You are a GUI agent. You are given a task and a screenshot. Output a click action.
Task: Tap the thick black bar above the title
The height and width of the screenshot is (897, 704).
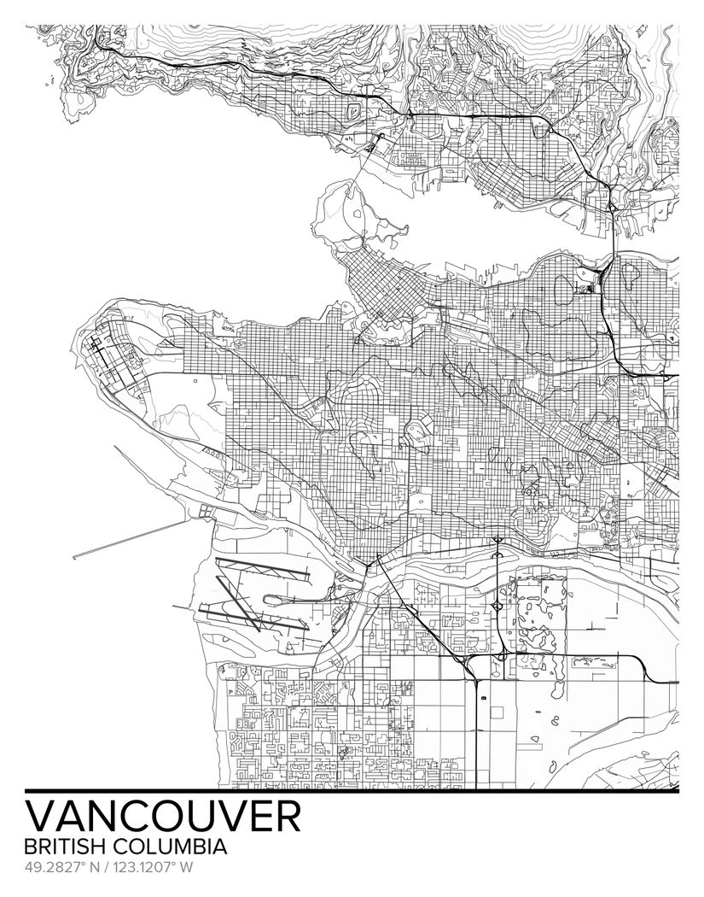tap(352, 789)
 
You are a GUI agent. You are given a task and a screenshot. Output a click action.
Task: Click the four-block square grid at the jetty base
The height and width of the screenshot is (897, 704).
tap(207, 511)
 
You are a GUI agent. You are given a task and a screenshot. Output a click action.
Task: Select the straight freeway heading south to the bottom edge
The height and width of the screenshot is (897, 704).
tap(475, 735)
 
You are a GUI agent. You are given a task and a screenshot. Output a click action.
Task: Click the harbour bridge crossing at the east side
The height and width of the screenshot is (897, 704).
tap(613, 231)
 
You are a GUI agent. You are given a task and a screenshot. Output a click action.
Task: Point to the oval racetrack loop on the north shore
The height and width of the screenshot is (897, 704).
tap(352, 112)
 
